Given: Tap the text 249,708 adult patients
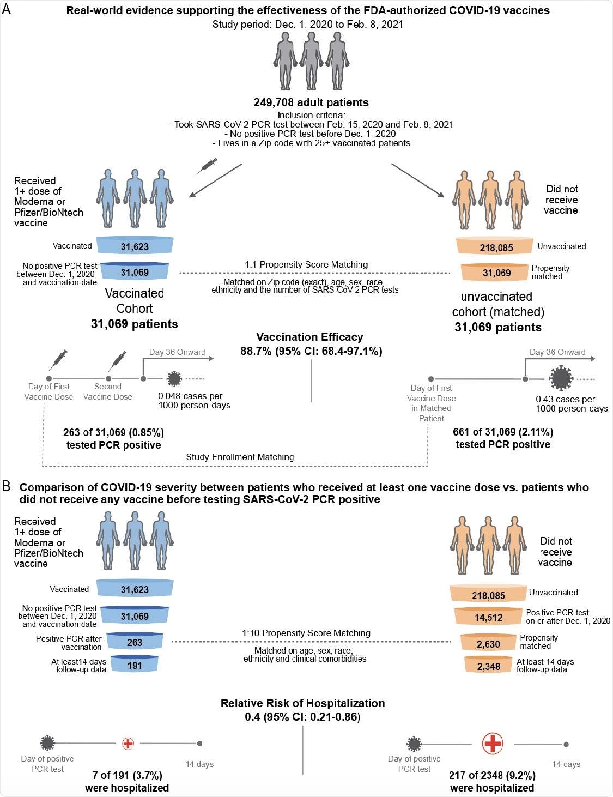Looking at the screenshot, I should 311,102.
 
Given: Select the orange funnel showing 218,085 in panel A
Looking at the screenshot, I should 496,247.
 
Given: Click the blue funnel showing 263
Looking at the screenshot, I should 135,642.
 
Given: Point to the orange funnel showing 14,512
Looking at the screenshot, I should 488,617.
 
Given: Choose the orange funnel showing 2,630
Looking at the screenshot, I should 488,644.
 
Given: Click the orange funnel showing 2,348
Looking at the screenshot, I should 488,666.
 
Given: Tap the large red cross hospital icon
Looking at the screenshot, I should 493,743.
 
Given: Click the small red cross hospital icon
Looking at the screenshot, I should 128,743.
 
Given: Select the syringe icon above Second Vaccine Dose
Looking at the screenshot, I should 118,360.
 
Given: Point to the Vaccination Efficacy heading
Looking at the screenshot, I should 309,337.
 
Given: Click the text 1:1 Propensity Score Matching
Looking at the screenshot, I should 306,264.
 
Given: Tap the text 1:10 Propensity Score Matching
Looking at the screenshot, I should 306,633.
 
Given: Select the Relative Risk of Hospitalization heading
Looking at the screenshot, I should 302,703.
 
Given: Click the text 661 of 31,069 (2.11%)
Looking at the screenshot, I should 503,432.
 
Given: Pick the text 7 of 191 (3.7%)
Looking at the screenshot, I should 127,775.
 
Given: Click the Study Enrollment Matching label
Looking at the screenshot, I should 240,457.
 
